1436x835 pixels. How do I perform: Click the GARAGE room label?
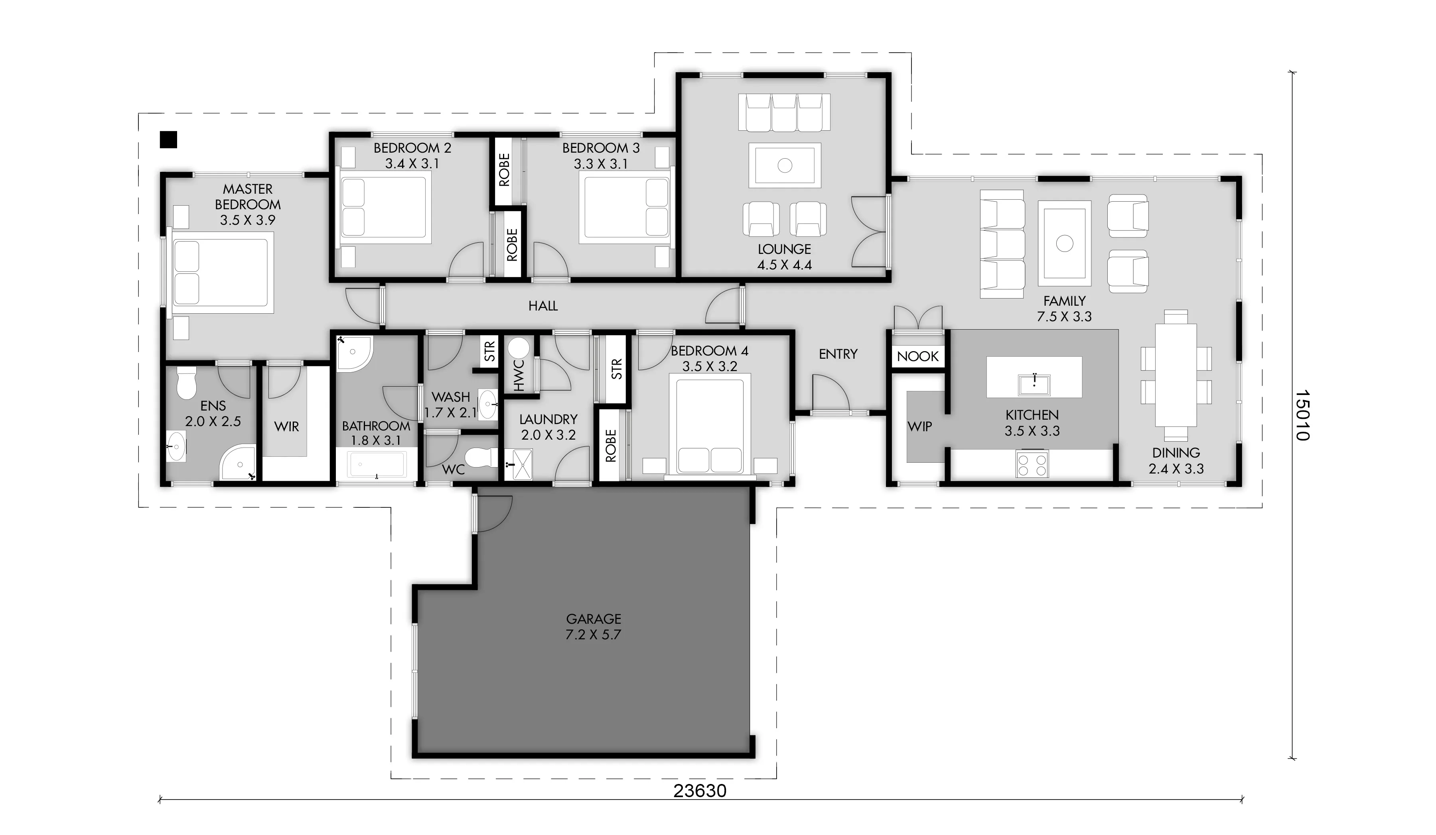[593, 619]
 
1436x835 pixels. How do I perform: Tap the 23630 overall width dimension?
[700, 791]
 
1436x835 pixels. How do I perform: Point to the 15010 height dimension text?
[1303, 415]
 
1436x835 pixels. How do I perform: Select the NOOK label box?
[917, 357]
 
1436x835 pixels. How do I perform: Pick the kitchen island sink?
[1034, 385]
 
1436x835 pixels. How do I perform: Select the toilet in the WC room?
[480, 458]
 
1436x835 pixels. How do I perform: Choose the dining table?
[1176, 374]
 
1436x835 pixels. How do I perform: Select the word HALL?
[542, 306]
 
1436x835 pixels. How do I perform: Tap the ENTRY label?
[838, 354]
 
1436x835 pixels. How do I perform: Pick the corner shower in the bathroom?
[353, 354]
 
